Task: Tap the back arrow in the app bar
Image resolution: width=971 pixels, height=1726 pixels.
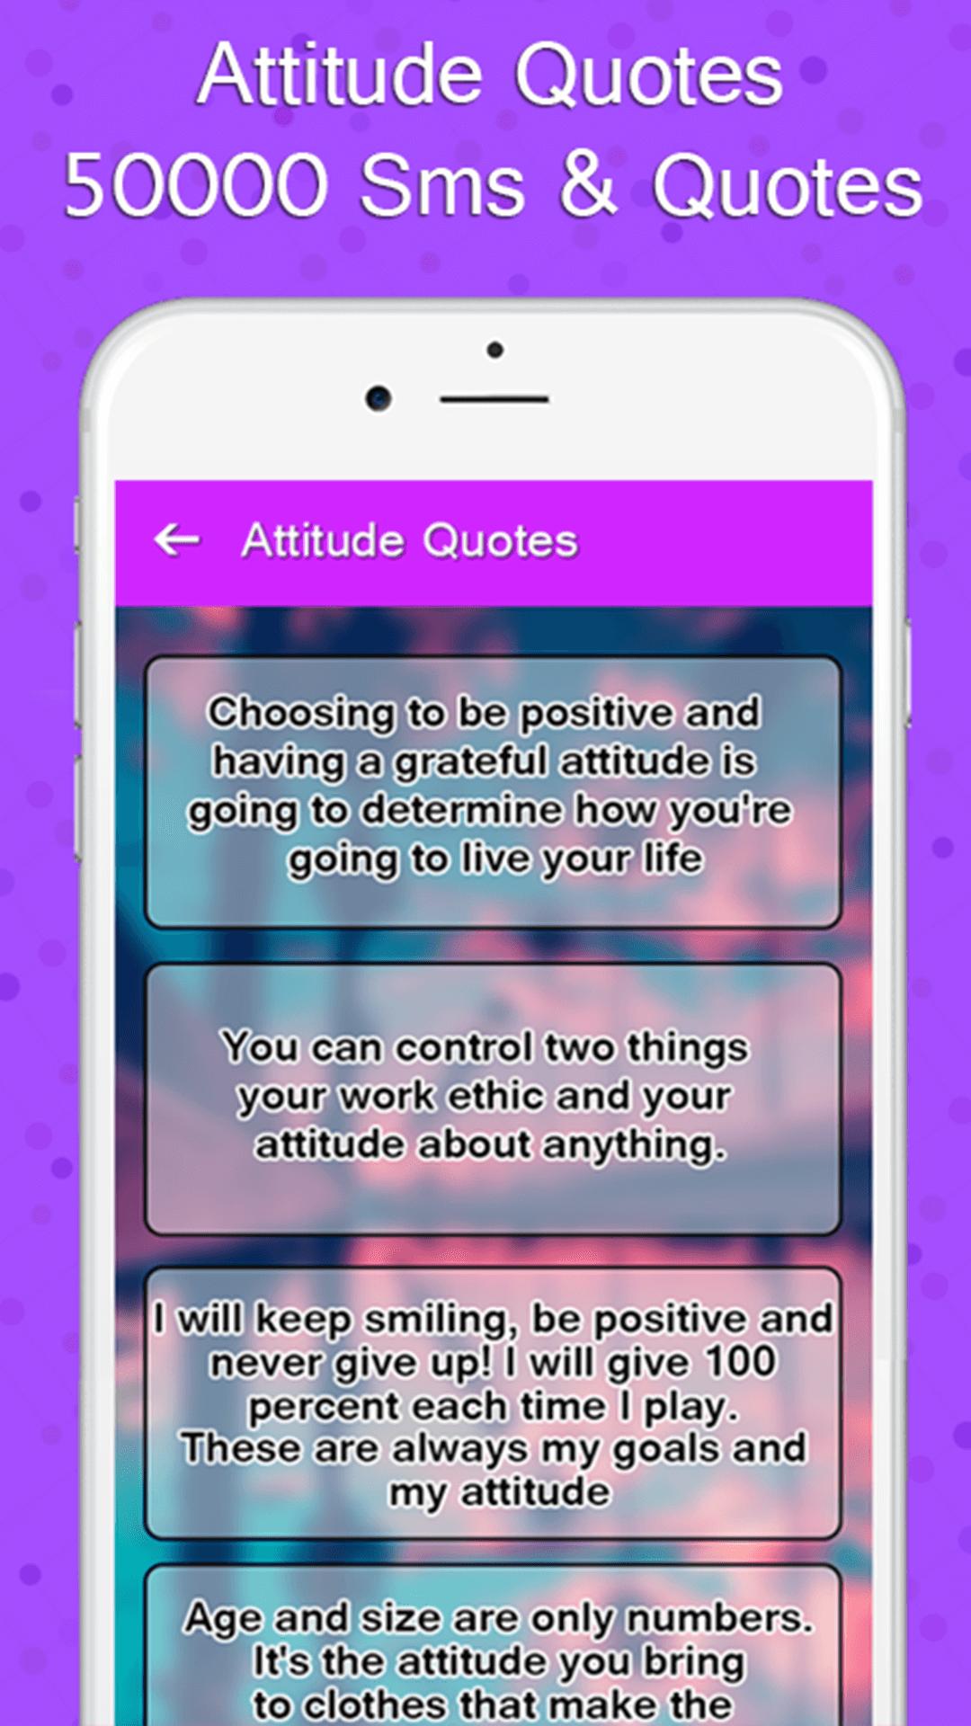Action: point(177,540)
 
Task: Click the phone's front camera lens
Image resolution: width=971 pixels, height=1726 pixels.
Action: point(379,397)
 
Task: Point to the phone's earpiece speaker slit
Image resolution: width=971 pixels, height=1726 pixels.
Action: point(494,399)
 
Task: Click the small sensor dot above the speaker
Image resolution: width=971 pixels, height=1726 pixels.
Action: point(494,350)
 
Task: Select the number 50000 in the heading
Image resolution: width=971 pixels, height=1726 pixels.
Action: point(197,185)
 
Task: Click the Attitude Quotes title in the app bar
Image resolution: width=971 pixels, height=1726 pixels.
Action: point(410,541)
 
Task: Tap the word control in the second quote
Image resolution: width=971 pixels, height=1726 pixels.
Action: point(464,1047)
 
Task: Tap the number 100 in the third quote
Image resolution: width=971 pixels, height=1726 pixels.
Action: point(739,1362)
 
